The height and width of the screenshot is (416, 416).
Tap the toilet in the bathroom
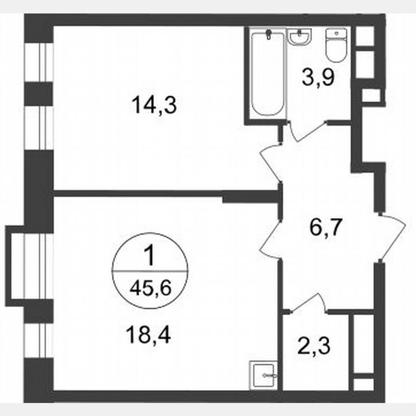pyautogui.click(x=336, y=45)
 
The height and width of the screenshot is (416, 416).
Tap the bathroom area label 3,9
pyautogui.click(x=318, y=76)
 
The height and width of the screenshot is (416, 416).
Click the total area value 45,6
pyautogui.click(x=150, y=289)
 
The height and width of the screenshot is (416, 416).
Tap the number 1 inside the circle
pyautogui.click(x=150, y=256)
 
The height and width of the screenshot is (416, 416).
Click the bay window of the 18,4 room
pyautogui.click(x=19, y=265)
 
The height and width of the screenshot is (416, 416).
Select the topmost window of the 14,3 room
pyautogui.click(x=39, y=63)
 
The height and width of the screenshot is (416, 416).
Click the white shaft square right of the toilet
pyautogui.click(x=366, y=36)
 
